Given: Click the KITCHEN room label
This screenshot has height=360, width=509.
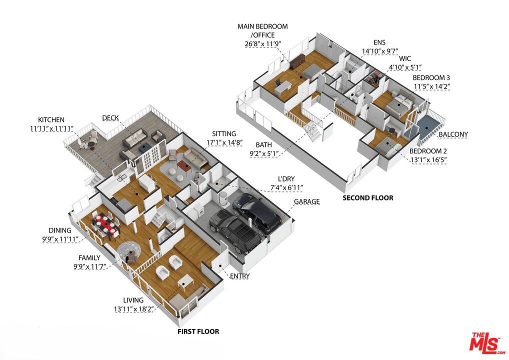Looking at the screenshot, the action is pyautogui.click(x=51, y=120).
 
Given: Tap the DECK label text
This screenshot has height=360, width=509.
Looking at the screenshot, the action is pyautogui.click(x=110, y=118).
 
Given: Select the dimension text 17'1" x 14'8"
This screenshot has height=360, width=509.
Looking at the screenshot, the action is pyautogui.click(x=224, y=142).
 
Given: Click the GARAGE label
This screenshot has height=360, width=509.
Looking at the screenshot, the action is pyautogui.click(x=307, y=201).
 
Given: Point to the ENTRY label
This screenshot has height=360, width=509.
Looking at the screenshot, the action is pyautogui.click(x=240, y=276).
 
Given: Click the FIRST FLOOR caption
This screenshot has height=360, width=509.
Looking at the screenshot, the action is pyautogui.click(x=198, y=331).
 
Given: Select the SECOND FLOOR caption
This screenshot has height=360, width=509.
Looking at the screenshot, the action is pyautogui.click(x=368, y=197).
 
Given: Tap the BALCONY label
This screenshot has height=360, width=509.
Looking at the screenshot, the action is pyautogui.click(x=453, y=134).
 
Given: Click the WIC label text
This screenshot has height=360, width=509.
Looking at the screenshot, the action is pyautogui.click(x=405, y=58).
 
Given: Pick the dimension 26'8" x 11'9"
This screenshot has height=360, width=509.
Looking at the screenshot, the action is pyautogui.click(x=262, y=44).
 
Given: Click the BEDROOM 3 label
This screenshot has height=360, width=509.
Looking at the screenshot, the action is pyautogui.click(x=431, y=78).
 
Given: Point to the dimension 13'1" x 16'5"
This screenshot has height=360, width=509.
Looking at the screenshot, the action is pyautogui.click(x=428, y=159).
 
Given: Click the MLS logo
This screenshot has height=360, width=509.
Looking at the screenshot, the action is pyautogui.click(x=486, y=343).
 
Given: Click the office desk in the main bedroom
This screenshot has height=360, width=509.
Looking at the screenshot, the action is pyautogui.click(x=283, y=87).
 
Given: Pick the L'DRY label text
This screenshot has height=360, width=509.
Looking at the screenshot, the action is pyautogui.click(x=286, y=179).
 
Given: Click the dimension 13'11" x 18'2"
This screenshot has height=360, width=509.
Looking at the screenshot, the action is pyautogui.click(x=133, y=309).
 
